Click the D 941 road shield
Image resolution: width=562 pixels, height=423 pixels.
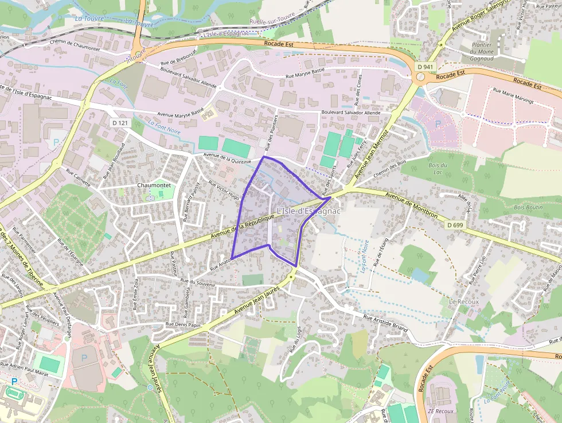[x=425, y=67]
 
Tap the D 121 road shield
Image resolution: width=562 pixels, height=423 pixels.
[x=120, y=123]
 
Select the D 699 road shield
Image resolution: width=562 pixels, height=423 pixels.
[x=455, y=224]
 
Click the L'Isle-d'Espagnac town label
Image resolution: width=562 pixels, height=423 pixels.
[x=309, y=211]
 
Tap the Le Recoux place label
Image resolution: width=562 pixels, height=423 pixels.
[x=463, y=301]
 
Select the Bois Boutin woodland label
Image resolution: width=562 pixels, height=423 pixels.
[x=528, y=207]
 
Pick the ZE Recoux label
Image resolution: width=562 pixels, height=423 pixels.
[x=440, y=411]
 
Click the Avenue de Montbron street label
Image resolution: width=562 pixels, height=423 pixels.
[x=412, y=205]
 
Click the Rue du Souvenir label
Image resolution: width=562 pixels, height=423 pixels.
[x=197, y=282]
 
